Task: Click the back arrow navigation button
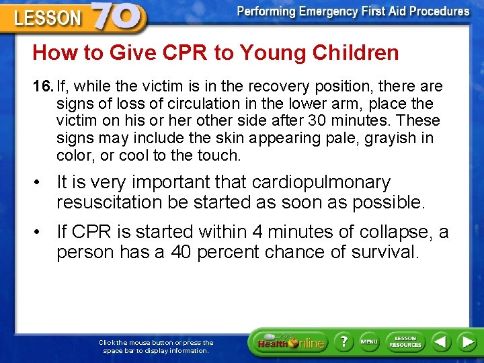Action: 441,342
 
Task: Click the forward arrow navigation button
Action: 467,342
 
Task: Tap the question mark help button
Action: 343,342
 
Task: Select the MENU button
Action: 369,342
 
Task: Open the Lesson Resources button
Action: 405,342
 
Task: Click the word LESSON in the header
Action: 48,17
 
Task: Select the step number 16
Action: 42,86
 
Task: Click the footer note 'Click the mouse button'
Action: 156,346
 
